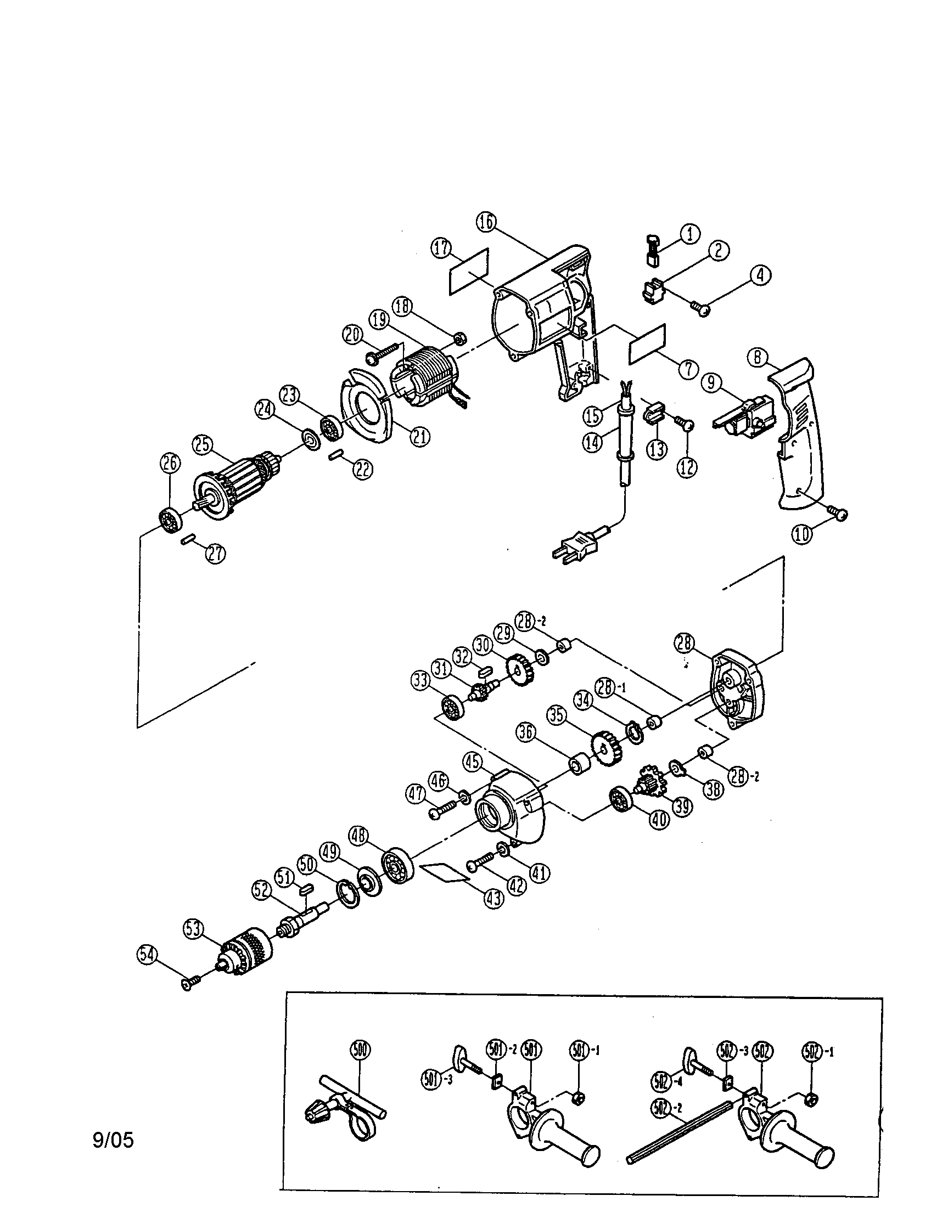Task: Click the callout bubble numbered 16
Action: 486,222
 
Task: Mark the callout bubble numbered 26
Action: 170,463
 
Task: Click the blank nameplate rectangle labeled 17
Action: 469,272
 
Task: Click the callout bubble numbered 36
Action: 526,733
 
